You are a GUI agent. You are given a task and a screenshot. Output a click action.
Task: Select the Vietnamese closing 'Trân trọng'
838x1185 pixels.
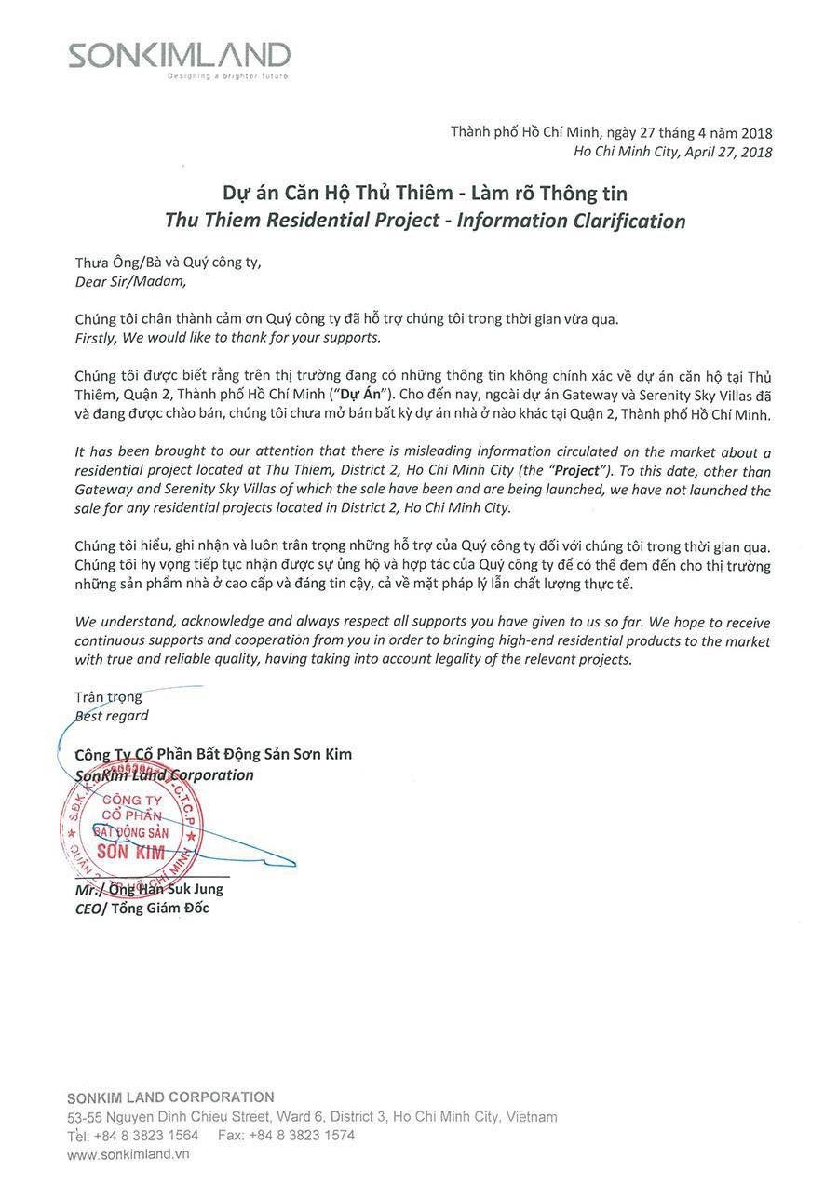[x=109, y=697]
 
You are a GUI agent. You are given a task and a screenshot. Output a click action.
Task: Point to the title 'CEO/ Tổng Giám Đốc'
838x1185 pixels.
[x=142, y=909]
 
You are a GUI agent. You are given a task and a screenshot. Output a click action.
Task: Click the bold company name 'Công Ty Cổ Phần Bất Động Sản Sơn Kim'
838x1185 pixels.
[x=213, y=754]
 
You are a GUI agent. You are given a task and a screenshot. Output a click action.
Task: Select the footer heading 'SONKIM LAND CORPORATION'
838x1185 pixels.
[x=170, y=1097]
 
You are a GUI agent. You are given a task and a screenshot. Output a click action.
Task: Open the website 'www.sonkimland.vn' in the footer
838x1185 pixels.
[x=128, y=1154]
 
